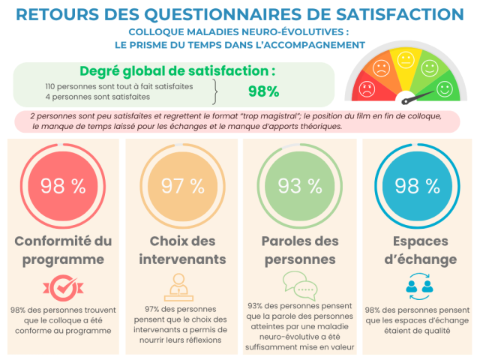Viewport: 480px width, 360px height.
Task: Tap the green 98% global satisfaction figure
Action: (x=263, y=91)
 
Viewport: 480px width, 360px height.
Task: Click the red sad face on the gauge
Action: (x=367, y=91)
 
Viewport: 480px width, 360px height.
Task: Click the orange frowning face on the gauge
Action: (x=381, y=70)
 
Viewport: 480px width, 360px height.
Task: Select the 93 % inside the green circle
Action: (x=298, y=187)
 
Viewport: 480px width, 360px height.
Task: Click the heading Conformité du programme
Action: (x=63, y=250)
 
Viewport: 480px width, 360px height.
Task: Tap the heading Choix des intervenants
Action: (x=182, y=250)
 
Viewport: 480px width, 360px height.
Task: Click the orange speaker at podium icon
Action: (x=180, y=287)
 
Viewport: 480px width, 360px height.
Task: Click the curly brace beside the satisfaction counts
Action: (x=216, y=91)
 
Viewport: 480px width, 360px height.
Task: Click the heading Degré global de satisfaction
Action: (x=177, y=70)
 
